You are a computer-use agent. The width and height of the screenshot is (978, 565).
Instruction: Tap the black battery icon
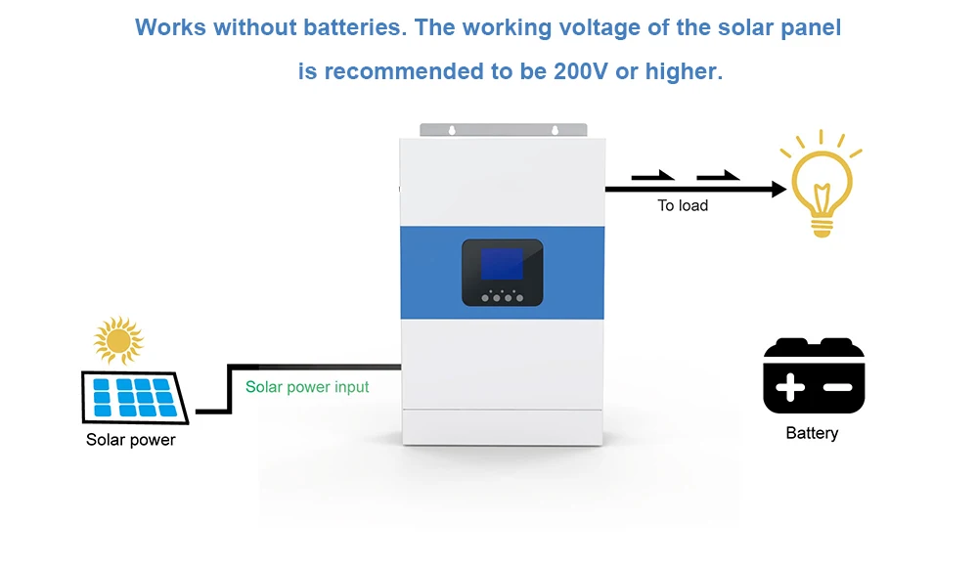pyautogui.click(x=814, y=375)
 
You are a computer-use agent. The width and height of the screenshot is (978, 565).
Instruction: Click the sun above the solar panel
pyautogui.click(x=118, y=340)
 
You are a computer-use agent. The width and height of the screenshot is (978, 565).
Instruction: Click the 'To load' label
pyautogui.click(x=683, y=206)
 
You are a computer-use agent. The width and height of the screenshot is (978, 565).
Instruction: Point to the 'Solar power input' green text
pyautogui.click(x=307, y=387)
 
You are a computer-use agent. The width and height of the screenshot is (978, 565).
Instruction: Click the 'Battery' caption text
pyautogui.click(x=812, y=433)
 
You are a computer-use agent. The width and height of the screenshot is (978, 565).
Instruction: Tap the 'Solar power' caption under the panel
pyautogui.click(x=131, y=440)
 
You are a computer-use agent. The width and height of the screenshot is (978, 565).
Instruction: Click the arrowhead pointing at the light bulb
pyautogui.click(x=778, y=189)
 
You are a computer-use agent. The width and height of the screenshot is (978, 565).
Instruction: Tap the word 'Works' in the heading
pyautogui.click(x=169, y=27)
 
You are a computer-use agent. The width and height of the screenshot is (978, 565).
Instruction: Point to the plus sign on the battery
pyautogui.click(x=789, y=388)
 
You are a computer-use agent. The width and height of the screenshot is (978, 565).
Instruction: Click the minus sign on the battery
pyautogui.click(x=838, y=388)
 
